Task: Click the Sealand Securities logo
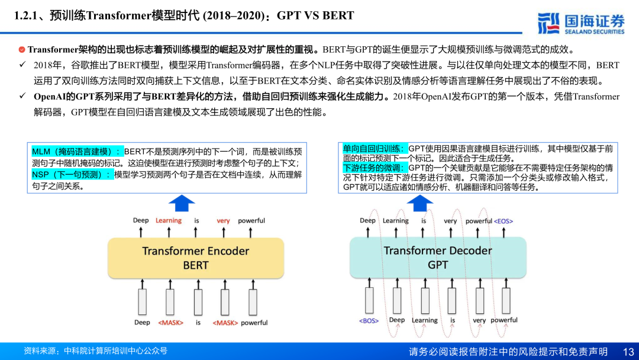click(581, 22)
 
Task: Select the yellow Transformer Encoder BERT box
click(195, 258)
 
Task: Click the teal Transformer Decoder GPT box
click(437, 258)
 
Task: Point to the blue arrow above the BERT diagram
click(182, 203)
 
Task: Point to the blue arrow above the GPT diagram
click(420, 203)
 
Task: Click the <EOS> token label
click(504, 221)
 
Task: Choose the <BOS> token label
click(369, 320)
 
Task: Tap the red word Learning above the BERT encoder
click(169, 221)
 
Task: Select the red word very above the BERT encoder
click(223, 221)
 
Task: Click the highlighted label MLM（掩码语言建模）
click(78, 152)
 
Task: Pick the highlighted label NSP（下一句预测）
click(72, 175)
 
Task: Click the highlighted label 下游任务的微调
click(375, 168)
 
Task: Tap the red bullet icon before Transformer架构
click(22, 50)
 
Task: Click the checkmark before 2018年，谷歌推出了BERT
click(22, 65)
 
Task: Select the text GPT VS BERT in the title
click(315, 16)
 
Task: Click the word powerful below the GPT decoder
click(504, 320)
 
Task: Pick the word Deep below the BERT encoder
click(142, 323)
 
